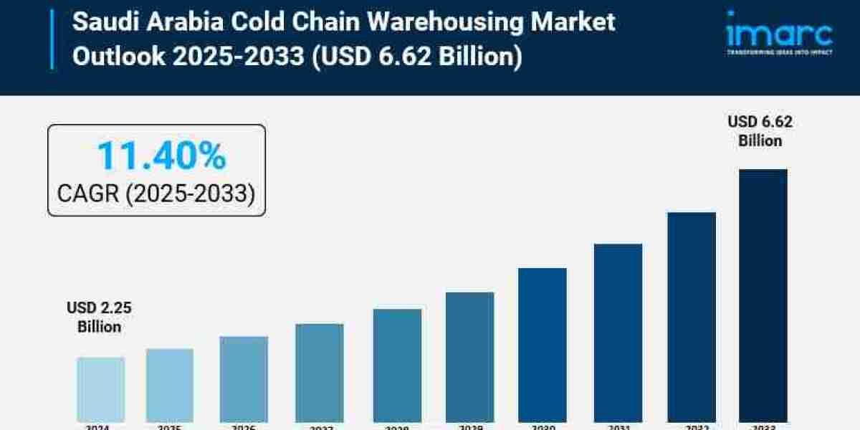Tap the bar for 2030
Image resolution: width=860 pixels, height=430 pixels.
pos(543,345)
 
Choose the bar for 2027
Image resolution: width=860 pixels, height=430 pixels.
pos(320,373)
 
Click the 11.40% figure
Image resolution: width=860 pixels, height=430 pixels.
pos(161,156)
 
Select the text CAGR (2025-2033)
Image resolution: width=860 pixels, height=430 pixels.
pos(156,193)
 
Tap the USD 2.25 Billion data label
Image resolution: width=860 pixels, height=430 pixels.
pos(100,317)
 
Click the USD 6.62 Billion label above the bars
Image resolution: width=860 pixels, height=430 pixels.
pos(760,131)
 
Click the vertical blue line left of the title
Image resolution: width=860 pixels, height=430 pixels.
pos(52,39)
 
